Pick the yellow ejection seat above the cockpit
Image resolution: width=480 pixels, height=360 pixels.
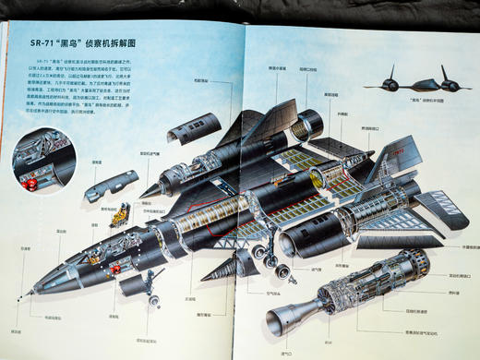119,218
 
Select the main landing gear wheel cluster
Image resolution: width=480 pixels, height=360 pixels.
263,251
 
